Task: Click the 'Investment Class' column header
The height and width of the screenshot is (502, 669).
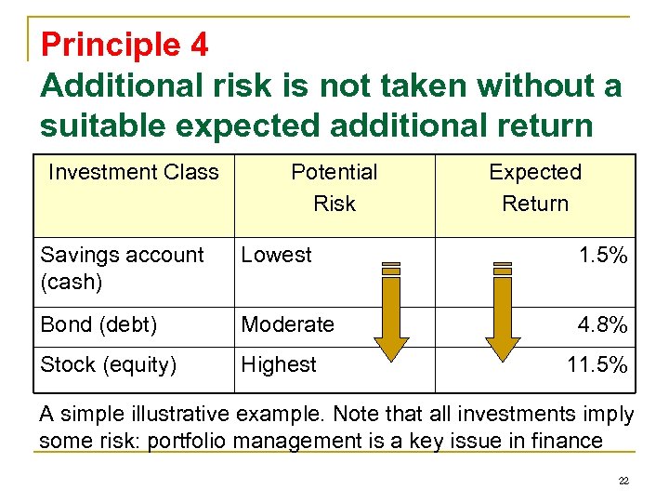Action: pyautogui.click(x=133, y=172)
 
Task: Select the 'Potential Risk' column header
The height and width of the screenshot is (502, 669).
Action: pyautogui.click(x=334, y=187)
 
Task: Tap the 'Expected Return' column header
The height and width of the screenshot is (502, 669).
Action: pyautogui.click(x=535, y=187)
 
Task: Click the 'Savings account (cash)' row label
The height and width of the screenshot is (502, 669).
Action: pyautogui.click(x=122, y=268)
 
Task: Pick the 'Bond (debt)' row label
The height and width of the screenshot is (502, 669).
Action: pyautogui.click(x=98, y=324)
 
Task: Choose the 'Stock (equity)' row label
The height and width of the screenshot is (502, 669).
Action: pyautogui.click(x=108, y=365)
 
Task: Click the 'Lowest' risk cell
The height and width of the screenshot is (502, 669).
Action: pyautogui.click(x=277, y=255)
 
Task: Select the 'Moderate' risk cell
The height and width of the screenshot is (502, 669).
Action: pyautogui.click(x=288, y=324)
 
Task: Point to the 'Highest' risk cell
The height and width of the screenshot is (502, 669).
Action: pyautogui.click(x=279, y=365)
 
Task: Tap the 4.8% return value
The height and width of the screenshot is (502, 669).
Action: pyautogui.click(x=603, y=324)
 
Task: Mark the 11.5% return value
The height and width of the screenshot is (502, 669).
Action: pyautogui.click(x=597, y=365)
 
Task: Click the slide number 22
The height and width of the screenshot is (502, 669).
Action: pyautogui.click(x=623, y=481)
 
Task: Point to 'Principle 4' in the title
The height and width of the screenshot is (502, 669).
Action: pyautogui.click(x=125, y=44)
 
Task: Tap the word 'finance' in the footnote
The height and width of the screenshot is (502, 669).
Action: pyautogui.click(x=568, y=440)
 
